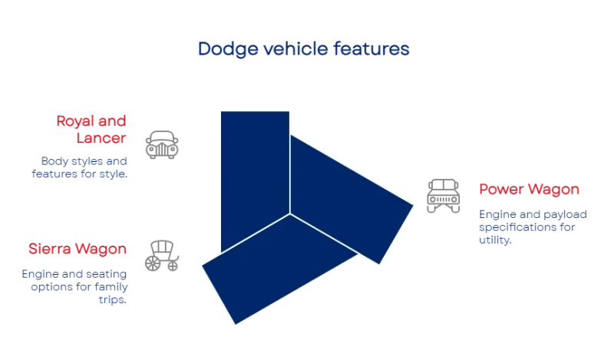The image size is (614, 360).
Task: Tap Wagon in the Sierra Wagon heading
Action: click(103, 250)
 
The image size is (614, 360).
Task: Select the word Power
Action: click(500, 190)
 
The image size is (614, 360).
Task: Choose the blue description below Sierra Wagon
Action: click(74, 286)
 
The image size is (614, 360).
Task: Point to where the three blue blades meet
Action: click(290, 213)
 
